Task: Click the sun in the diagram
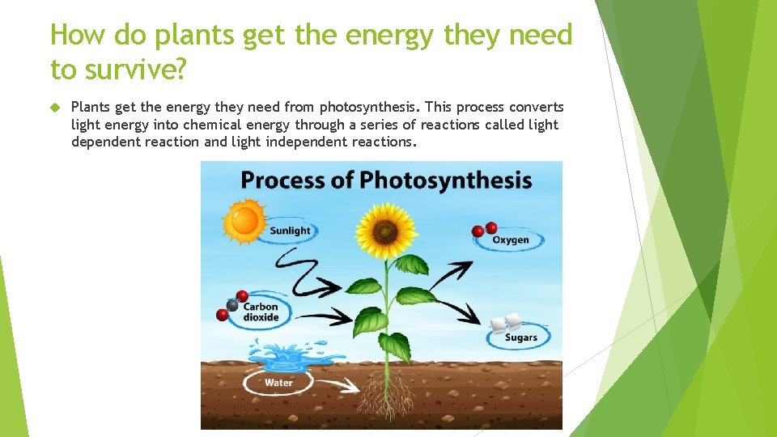coord(244,219)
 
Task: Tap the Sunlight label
coord(290,231)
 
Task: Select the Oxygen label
coord(511,240)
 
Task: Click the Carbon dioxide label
coord(261,312)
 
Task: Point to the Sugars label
coord(520,337)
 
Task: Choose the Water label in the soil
coord(278,382)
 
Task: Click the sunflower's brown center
coord(385,232)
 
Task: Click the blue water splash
coord(279,356)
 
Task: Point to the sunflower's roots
coord(386,397)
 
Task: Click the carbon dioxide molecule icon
coord(232,304)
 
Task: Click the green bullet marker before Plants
coord(55,108)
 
